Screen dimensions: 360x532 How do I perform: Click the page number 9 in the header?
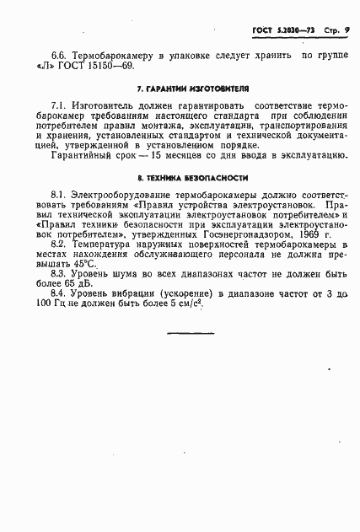347,31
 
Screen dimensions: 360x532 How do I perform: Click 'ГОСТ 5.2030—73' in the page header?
279,31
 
